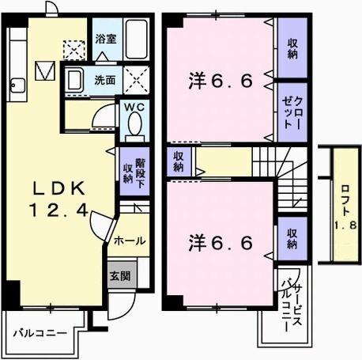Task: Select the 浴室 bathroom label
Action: point(104,36)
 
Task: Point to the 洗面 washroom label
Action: point(104,80)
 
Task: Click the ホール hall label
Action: point(129,238)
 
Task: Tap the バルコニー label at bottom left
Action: point(39,333)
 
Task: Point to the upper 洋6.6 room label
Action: point(221,81)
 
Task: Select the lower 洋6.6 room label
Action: point(221,242)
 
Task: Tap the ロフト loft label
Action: point(345,206)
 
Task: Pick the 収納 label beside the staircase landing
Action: point(179,161)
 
